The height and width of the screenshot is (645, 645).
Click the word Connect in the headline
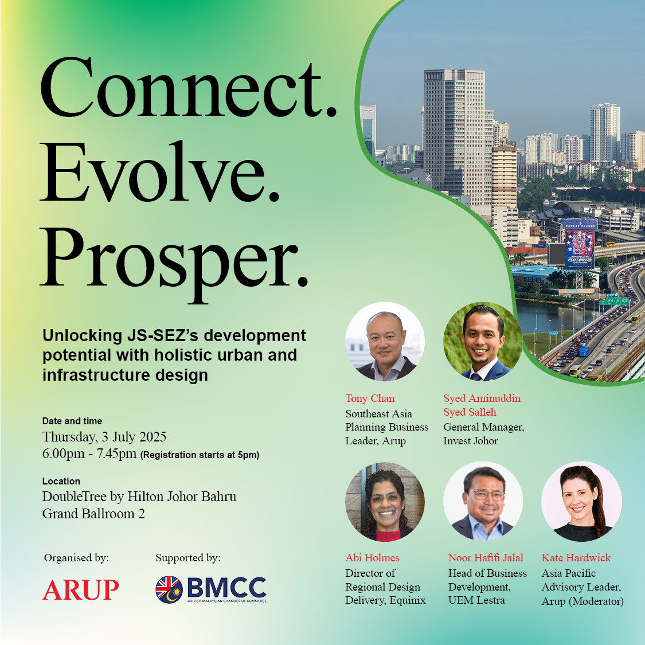pyautogui.click(x=189, y=88)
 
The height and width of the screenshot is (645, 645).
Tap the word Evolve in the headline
pyautogui.click(x=159, y=173)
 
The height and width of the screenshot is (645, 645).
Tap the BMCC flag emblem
pyautogui.click(x=169, y=589)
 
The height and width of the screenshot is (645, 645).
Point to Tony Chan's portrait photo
pyautogui.click(x=385, y=342)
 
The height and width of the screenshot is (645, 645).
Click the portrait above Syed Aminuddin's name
pyautogui.click(x=483, y=342)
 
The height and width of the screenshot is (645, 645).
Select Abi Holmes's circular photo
pyautogui.click(x=385, y=502)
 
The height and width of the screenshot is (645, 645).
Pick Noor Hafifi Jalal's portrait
pyautogui.click(x=483, y=502)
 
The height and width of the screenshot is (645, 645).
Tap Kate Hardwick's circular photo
pyautogui.click(x=581, y=502)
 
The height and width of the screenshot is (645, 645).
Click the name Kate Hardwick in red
pyautogui.click(x=576, y=558)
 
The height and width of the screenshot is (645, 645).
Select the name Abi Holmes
pyautogui.click(x=372, y=558)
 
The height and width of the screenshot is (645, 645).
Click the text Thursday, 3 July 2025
pyautogui.click(x=104, y=437)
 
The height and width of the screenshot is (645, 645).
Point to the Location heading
pyautogui.click(x=61, y=481)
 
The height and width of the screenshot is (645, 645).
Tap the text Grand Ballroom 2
pyautogui.click(x=93, y=514)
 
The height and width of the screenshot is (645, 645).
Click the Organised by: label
pyautogui.click(x=76, y=558)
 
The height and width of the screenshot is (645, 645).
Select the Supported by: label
pyautogui.click(x=188, y=558)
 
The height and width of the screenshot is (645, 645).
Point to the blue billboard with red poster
pyautogui.click(x=580, y=244)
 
